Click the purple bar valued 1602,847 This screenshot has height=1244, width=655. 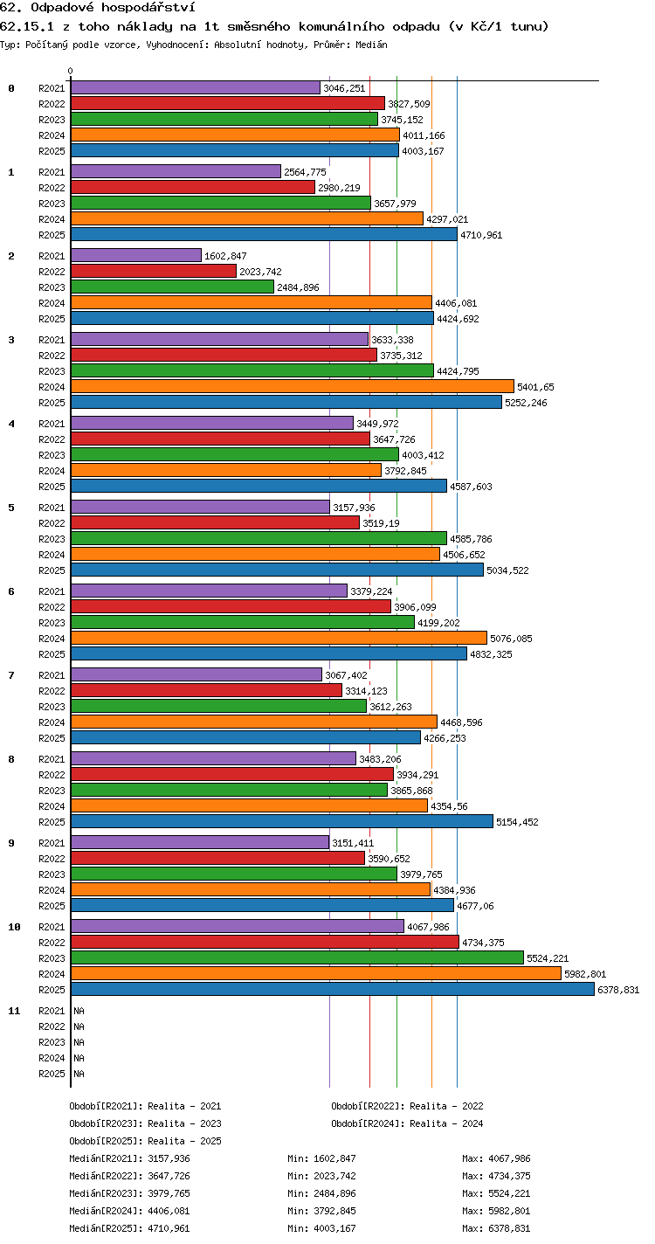point(136,255)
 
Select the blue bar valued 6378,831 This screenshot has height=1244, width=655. point(333,989)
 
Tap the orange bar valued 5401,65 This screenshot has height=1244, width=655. point(293,386)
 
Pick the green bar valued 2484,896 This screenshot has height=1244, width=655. point(173,287)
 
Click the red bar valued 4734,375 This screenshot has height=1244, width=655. point(265,942)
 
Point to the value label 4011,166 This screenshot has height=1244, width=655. point(424,135)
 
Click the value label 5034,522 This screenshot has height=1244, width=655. point(507,570)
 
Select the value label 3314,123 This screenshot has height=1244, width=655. point(366,691)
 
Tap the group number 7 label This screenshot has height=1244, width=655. point(11,675)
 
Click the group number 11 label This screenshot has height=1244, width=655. point(14,1011)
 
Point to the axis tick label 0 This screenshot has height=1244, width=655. point(71,71)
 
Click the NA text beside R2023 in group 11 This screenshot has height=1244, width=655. point(79,1042)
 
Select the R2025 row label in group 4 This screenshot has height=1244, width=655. point(52,487)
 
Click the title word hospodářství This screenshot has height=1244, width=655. point(148,8)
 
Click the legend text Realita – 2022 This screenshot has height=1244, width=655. point(446,1106)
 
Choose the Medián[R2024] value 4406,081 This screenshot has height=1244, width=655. point(169,1211)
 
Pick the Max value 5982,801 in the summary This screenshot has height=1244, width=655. point(509,1211)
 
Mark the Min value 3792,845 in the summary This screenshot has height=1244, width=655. point(334,1211)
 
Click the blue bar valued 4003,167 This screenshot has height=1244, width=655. point(235,150)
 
